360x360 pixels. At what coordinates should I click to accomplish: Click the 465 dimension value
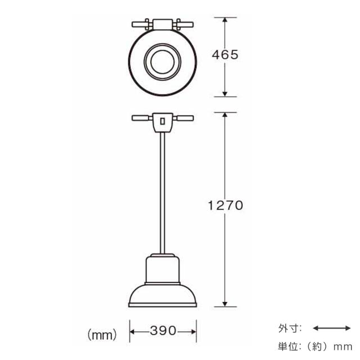[225, 55]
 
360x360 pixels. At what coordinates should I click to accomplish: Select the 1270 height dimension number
[224, 206]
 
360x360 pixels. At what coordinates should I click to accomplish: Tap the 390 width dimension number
[163, 330]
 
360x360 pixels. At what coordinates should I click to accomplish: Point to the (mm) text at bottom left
[102, 335]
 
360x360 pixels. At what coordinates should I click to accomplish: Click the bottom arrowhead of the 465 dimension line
[225, 93]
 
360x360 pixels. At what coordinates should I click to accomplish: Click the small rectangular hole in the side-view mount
[163, 120]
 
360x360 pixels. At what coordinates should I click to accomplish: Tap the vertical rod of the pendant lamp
[163, 191]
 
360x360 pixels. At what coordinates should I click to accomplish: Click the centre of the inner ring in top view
[163, 60]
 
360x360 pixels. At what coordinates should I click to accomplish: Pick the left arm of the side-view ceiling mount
[141, 118]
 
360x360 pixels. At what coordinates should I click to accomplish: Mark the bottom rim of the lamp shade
[163, 305]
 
